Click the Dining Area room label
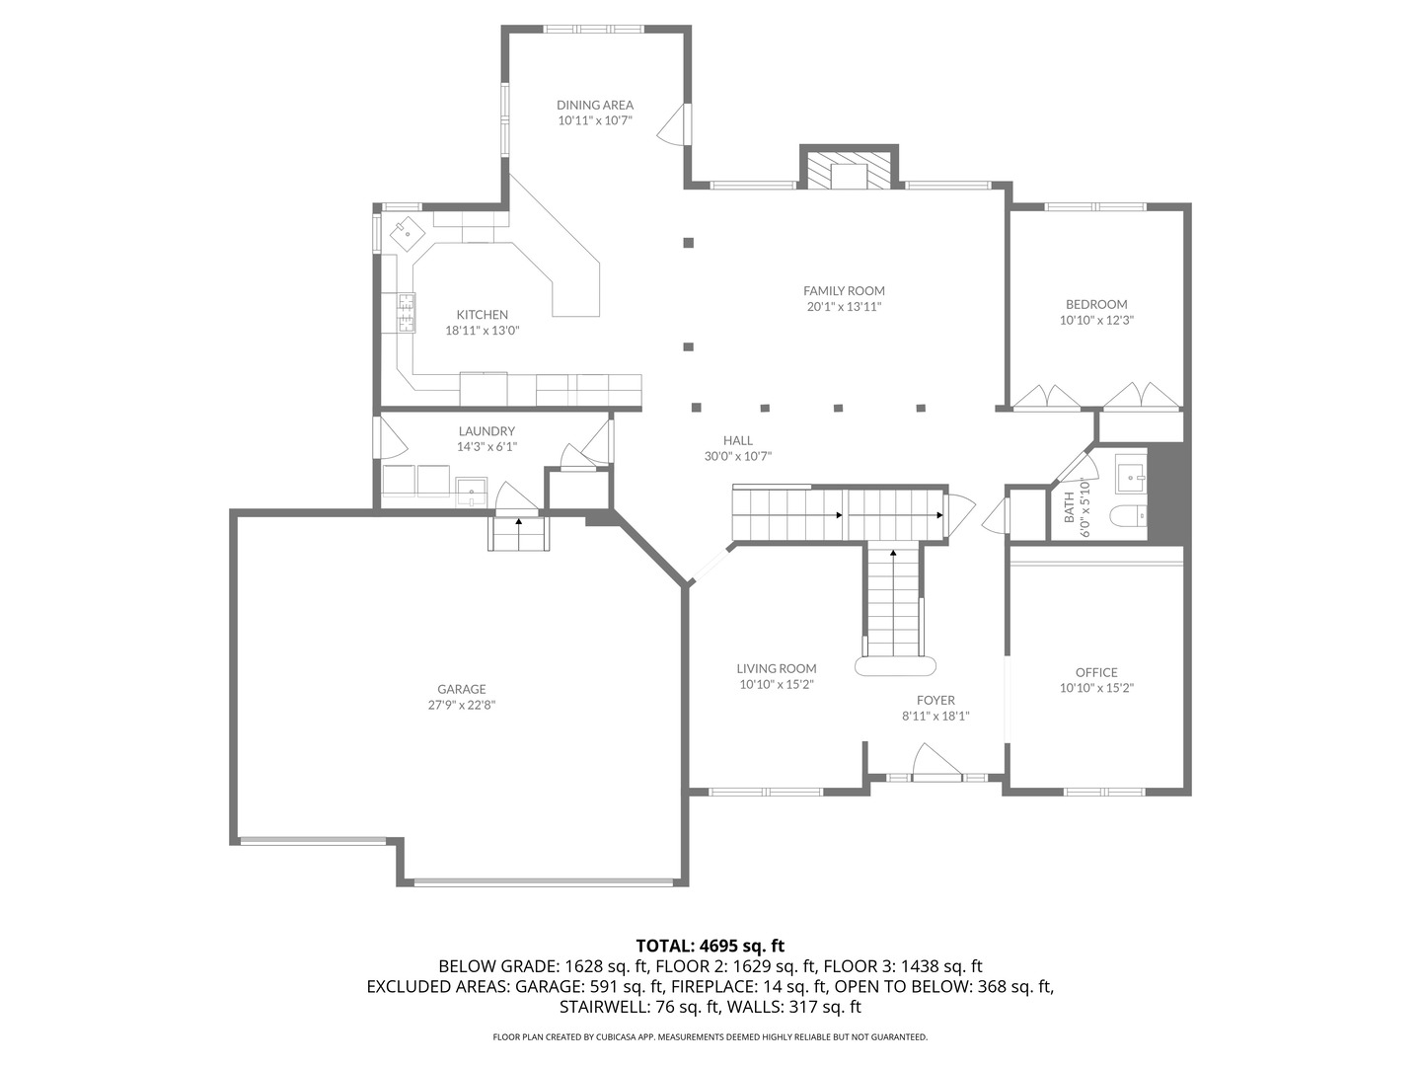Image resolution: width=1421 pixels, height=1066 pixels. tap(594, 105)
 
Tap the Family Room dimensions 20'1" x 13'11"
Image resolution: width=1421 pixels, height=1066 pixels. tap(844, 307)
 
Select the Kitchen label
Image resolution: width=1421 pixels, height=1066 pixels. tap(482, 315)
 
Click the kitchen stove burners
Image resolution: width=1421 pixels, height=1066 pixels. tap(406, 312)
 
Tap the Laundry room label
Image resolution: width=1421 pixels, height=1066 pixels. tap(486, 431)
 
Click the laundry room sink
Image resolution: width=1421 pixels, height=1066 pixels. tap(472, 490)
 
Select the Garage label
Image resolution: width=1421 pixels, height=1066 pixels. tap(462, 689)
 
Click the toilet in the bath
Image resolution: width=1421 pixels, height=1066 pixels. tap(1128, 516)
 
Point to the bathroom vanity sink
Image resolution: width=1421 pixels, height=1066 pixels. tap(1130, 475)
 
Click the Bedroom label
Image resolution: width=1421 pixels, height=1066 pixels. tap(1095, 304)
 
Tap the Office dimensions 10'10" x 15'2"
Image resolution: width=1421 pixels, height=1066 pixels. tap(1096, 688)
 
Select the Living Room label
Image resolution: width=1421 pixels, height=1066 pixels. tap(777, 668)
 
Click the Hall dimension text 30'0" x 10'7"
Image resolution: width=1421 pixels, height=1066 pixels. tap(738, 456)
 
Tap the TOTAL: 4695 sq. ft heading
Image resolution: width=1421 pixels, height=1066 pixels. tap(710, 946)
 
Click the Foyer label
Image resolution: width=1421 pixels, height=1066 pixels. tap(935, 700)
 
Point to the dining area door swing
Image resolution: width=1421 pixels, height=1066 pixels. tap(673, 125)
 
